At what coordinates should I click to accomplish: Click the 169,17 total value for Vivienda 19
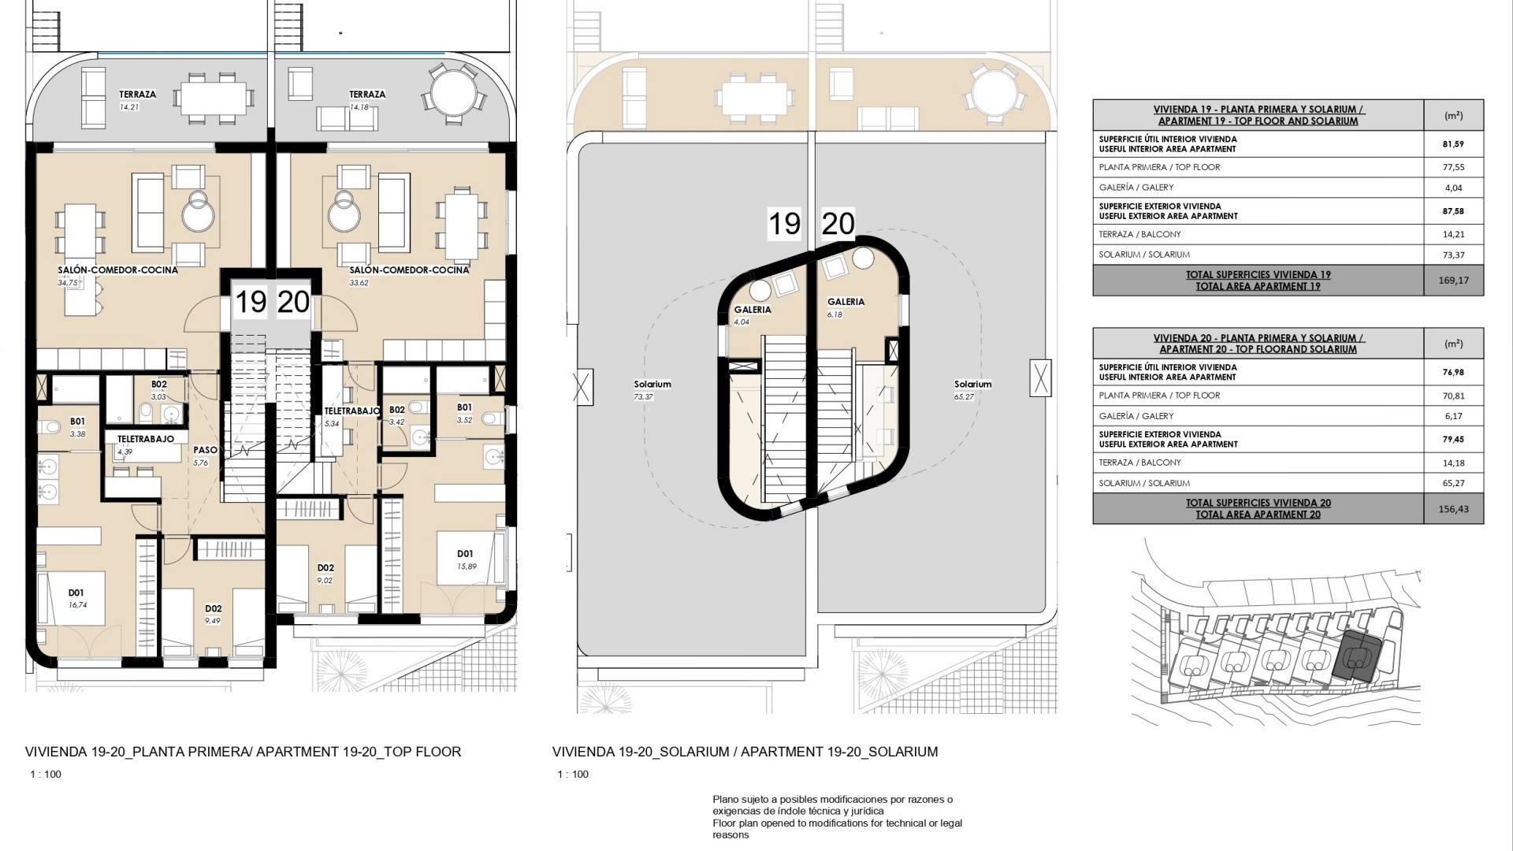tap(1453, 281)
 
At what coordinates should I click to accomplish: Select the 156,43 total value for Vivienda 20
tap(1453, 509)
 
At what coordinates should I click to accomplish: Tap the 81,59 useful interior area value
tap(1453, 144)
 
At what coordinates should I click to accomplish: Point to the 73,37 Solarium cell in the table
tap(1453, 255)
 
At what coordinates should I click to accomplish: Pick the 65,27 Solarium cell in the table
tap(1453, 483)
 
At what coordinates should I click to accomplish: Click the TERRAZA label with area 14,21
tap(138, 95)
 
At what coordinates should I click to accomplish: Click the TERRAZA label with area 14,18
tap(367, 95)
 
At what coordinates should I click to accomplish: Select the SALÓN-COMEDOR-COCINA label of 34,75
tap(117, 270)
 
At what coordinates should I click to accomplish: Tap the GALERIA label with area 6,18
tap(846, 302)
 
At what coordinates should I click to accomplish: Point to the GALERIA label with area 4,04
tap(753, 310)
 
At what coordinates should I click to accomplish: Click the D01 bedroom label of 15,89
tap(465, 554)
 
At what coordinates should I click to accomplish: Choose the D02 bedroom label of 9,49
tap(213, 609)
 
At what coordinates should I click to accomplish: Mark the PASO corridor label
tap(206, 451)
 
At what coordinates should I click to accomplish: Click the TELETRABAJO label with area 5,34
tap(352, 411)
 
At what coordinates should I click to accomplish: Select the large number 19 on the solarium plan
tap(784, 224)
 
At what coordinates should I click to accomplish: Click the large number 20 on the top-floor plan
tap(294, 302)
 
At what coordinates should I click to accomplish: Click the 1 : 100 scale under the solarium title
tap(573, 775)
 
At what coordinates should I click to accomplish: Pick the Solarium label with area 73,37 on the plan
tap(652, 385)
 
